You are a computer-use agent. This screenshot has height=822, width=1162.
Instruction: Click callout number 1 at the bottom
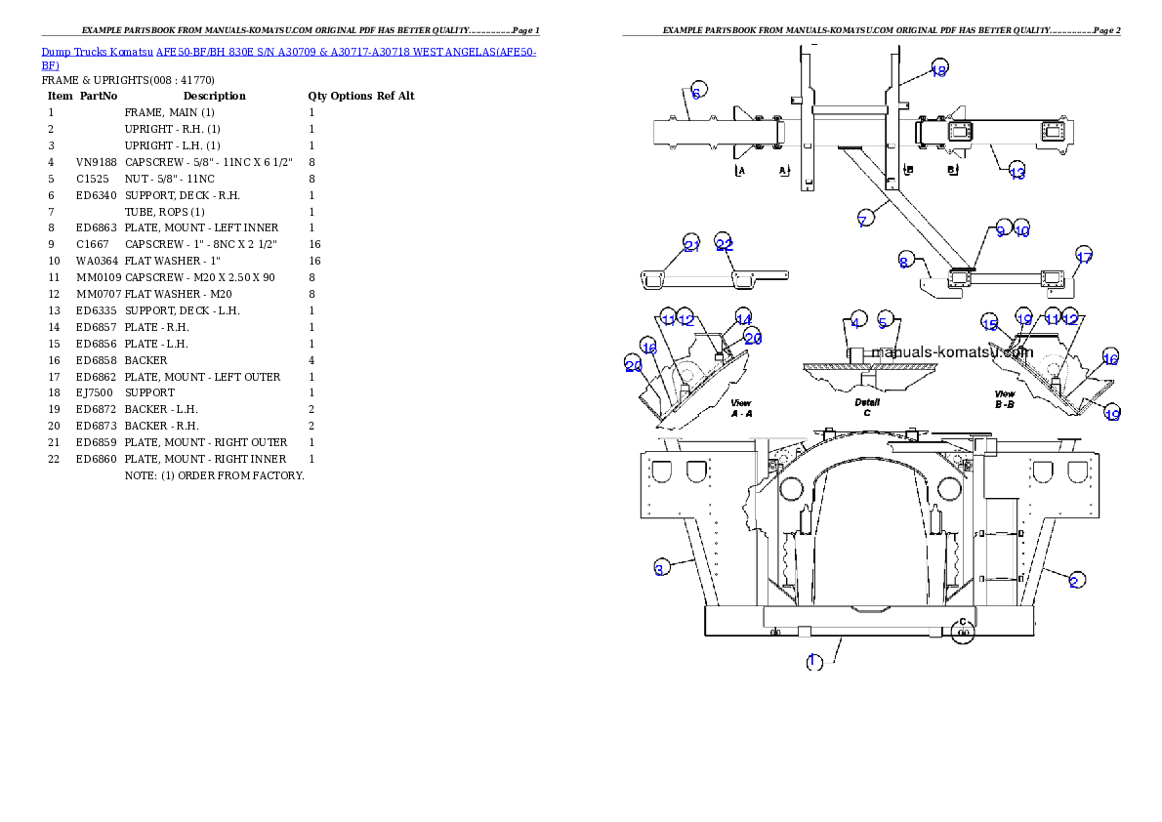tap(814, 661)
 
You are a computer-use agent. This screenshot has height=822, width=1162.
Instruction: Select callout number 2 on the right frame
tap(1074, 581)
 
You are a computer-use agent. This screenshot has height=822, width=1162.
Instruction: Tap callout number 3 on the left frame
tap(660, 569)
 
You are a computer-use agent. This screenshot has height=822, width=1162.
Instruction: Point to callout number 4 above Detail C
tap(855, 321)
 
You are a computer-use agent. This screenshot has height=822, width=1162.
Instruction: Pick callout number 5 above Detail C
tap(884, 321)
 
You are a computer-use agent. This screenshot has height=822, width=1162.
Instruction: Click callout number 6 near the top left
tap(696, 93)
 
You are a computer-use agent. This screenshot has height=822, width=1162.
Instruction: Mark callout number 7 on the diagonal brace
tap(863, 221)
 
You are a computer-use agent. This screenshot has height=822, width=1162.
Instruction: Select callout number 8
tap(905, 261)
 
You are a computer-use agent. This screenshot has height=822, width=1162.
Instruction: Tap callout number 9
tap(1000, 230)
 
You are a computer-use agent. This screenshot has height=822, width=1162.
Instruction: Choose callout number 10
tap(1020, 230)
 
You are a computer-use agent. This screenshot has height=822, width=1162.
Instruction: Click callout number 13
tap(1017, 173)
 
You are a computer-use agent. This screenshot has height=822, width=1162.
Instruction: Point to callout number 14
tap(744, 318)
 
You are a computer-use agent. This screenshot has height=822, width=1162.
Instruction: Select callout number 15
tap(990, 324)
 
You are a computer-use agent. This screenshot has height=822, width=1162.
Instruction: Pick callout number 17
tap(1083, 257)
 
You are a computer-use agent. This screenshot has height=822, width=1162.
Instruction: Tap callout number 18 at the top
tap(938, 69)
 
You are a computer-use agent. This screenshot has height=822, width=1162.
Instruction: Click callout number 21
tap(692, 246)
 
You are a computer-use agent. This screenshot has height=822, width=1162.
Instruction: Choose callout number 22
tap(724, 245)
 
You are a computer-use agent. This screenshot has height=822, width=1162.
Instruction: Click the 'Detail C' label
tap(866, 406)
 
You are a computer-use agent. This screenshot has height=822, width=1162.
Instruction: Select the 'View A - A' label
tap(741, 407)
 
